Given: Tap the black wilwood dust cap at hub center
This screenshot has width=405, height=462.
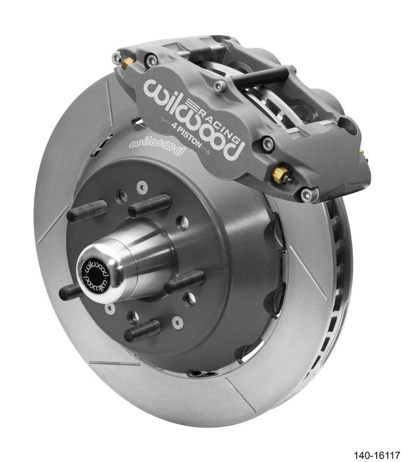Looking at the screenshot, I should (x=95, y=274).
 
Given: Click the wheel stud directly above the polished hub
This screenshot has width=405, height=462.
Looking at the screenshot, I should (x=149, y=206).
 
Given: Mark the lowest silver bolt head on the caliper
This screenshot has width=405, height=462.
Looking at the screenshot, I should (x=306, y=195).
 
